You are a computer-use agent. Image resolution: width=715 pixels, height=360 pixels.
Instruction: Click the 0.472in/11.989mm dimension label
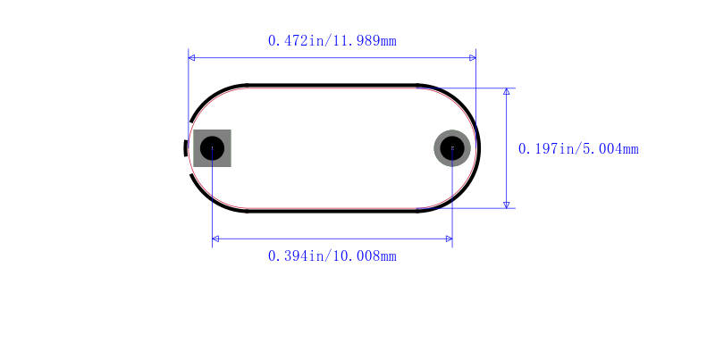coord(332,41)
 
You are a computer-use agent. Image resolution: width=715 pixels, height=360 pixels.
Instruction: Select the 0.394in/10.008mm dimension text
coord(332,256)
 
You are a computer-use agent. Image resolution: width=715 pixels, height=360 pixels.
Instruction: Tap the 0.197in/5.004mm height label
coord(578,149)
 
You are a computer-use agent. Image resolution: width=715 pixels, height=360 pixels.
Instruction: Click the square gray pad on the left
coord(212,148)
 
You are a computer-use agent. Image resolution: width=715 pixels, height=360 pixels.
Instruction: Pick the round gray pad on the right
coord(452,148)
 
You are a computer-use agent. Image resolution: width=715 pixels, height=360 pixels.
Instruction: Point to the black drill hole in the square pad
coord(212,148)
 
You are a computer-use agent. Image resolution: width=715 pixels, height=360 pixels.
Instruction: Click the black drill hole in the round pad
coord(452,148)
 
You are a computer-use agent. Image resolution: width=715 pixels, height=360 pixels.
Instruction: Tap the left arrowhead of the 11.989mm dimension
coord(191,58)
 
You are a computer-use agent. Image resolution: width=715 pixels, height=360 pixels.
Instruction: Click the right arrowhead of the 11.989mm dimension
coord(473,58)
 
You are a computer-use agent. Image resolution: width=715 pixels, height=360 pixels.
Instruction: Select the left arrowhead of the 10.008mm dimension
coord(215,239)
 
